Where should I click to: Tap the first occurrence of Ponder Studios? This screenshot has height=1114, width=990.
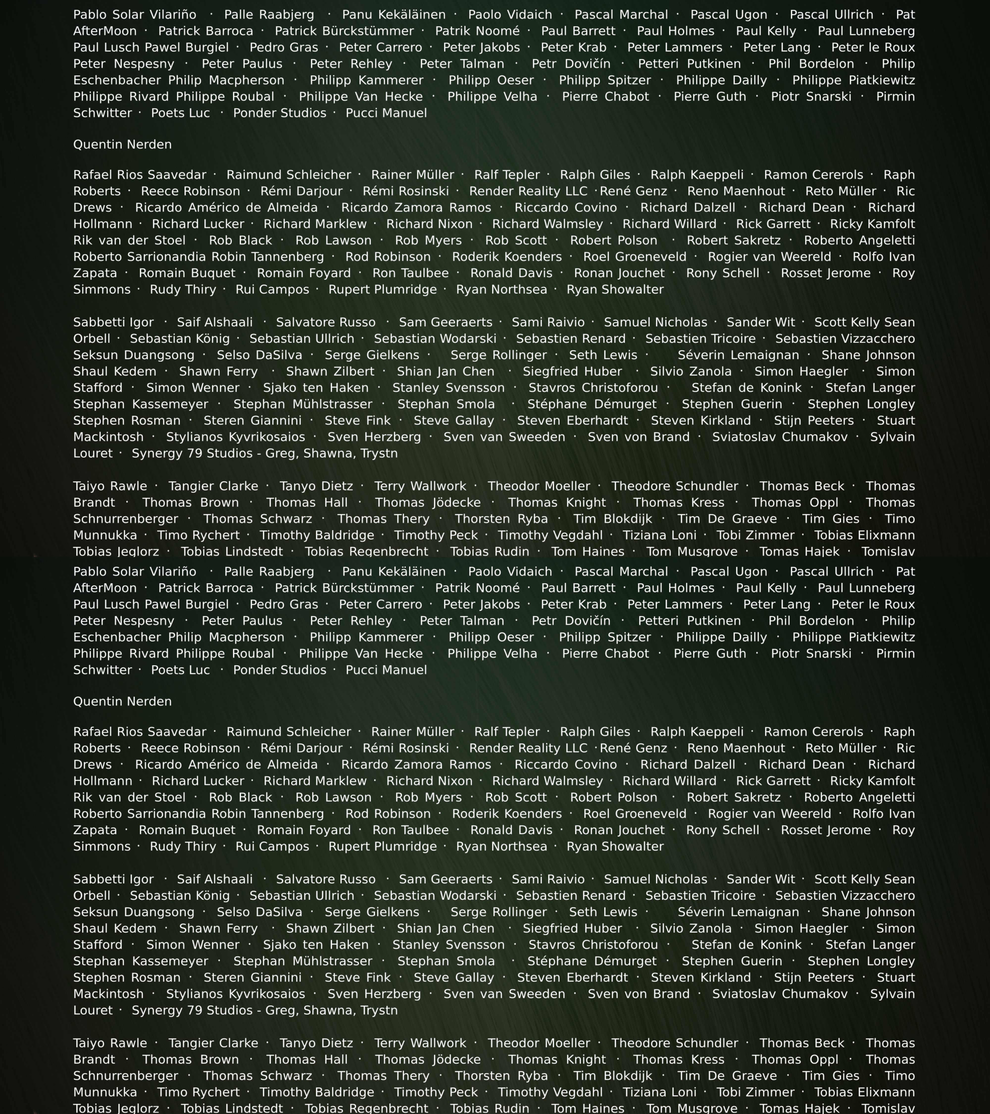coord(279,113)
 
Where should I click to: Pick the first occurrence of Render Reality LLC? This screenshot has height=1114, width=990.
coord(528,191)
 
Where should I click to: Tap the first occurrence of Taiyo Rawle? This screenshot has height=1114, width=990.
coord(110,486)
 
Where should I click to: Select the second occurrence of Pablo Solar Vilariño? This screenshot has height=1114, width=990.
coord(135,572)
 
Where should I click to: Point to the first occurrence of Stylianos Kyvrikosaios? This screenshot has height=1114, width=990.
coord(235,437)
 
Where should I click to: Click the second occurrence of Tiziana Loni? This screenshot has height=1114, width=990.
coord(659,1092)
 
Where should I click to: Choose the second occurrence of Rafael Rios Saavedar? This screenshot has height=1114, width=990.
coord(140,732)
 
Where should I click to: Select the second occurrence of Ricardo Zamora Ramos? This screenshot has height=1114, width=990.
coord(416,765)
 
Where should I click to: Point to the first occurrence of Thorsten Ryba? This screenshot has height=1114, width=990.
coord(501,519)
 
